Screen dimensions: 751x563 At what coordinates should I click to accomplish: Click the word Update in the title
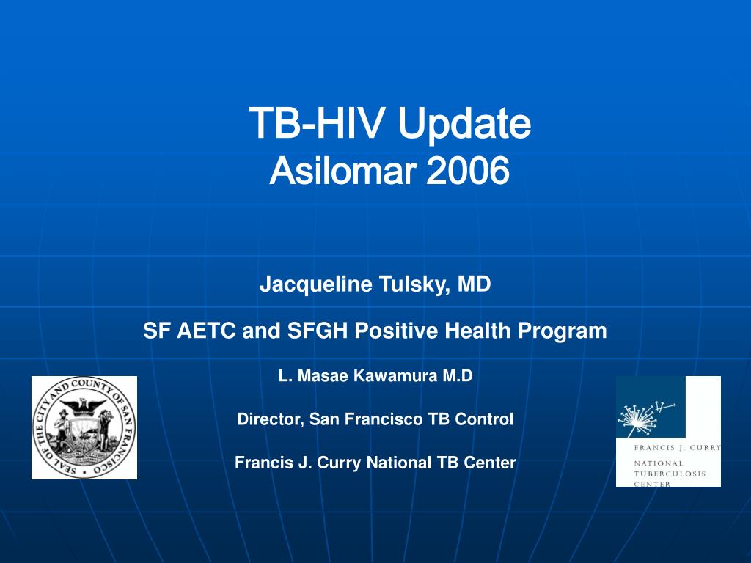coord(464,123)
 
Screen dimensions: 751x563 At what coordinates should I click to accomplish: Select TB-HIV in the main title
coord(316,122)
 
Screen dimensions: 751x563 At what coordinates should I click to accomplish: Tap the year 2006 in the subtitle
coord(467,171)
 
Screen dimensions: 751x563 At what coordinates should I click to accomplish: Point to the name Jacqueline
coord(316,284)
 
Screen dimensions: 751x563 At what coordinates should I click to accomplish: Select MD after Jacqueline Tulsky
coord(475,284)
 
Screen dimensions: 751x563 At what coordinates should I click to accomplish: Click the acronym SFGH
coord(317,331)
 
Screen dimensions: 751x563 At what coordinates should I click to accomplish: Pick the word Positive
coord(396,331)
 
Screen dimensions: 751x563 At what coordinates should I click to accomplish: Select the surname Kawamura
coord(395,375)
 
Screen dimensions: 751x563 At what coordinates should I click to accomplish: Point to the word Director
coord(271,419)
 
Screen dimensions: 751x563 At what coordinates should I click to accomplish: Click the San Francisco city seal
coord(84,427)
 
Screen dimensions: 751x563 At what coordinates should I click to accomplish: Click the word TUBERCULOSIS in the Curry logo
coord(670,474)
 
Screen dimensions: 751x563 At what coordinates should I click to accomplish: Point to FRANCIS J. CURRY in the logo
coord(677,448)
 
